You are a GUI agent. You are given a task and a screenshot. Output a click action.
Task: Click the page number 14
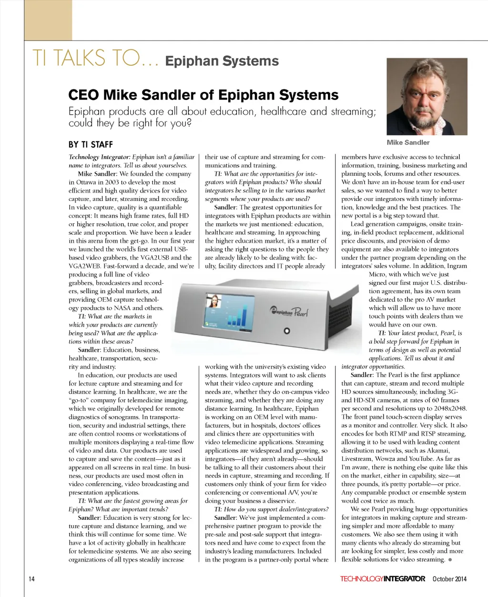(x=31, y=579)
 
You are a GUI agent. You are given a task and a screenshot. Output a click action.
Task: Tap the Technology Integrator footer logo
(x=382, y=579)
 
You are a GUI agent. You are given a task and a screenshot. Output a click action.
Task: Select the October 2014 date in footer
(x=449, y=579)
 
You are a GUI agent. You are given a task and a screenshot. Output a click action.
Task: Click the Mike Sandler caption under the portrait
(x=408, y=142)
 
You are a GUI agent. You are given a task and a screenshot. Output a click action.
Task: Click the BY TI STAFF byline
(x=91, y=144)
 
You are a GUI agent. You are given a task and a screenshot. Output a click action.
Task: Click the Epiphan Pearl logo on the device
(x=289, y=312)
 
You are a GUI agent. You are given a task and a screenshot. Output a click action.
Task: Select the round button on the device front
(x=287, y=331)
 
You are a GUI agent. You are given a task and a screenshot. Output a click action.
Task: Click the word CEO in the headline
(x=84, y=95)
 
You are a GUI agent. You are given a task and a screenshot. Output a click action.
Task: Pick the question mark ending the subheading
(x=189, y=123)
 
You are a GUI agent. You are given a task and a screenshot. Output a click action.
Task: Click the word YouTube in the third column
(x=422, y=459)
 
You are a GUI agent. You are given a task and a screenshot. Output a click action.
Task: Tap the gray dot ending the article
(x=450, y=559)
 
